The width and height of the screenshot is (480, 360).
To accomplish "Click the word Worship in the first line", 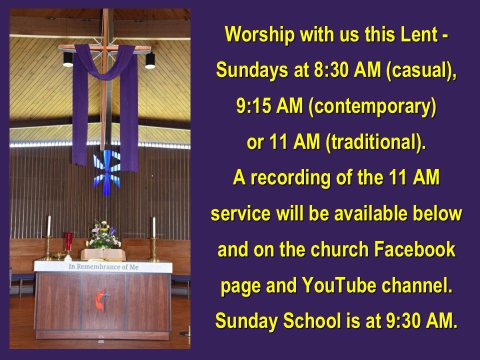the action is coord(259,34).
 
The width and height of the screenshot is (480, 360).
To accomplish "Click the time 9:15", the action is coord(254,106).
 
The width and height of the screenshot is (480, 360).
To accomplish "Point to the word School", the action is coord(311,321).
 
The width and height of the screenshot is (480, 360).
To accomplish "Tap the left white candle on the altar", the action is coord(49,226).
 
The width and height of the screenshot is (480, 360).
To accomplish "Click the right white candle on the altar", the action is coord(154,227).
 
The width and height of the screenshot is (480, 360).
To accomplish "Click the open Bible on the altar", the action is coord(103,254).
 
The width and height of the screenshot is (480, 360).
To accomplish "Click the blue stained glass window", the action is coord(107,172).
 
